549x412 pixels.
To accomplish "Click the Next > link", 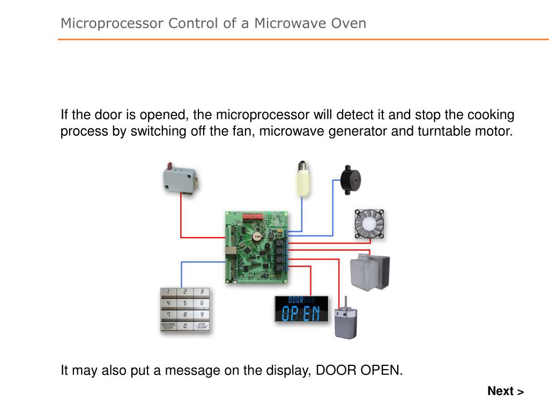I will click(505, 391).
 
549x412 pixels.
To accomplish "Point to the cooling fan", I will click(369, 224).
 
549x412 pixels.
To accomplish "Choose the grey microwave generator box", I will click(369, 272).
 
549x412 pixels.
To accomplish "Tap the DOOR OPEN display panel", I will click(301, 309).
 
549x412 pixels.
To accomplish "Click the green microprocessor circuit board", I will click(257, 247).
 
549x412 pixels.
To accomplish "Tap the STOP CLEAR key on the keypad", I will click(202, 326).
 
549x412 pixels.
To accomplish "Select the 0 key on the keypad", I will click(185, 326).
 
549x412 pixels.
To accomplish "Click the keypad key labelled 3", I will click(202, 292).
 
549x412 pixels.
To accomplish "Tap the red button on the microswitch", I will click(170, 165).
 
